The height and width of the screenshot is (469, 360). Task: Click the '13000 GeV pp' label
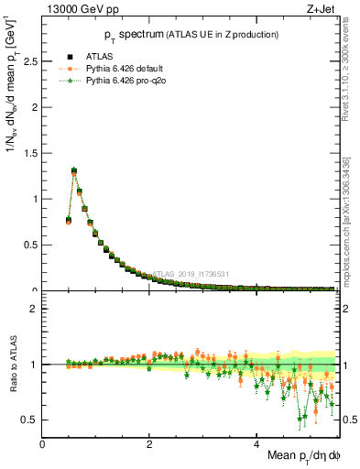(74, 9)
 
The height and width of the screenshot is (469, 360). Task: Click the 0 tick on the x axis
(42, 444)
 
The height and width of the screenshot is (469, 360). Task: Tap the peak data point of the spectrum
(74, 170)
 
